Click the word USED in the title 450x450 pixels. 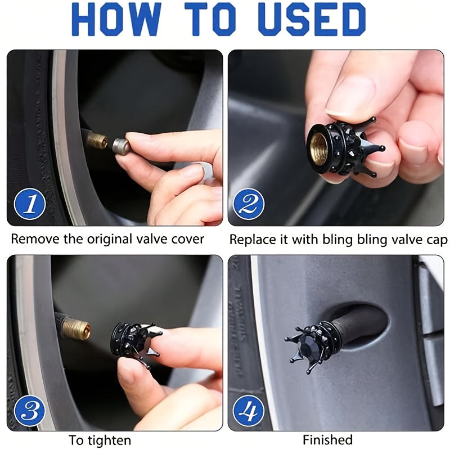pos(309,20)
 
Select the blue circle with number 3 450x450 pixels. pos(29,410)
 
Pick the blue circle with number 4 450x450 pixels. pos(248,410)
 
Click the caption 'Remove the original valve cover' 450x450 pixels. pos(107,238)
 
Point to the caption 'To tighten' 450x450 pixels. pos(100,439)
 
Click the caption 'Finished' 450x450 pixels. pos(327,439)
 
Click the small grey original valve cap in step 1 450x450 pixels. pos(121,146)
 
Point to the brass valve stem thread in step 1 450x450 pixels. pos(97,139)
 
